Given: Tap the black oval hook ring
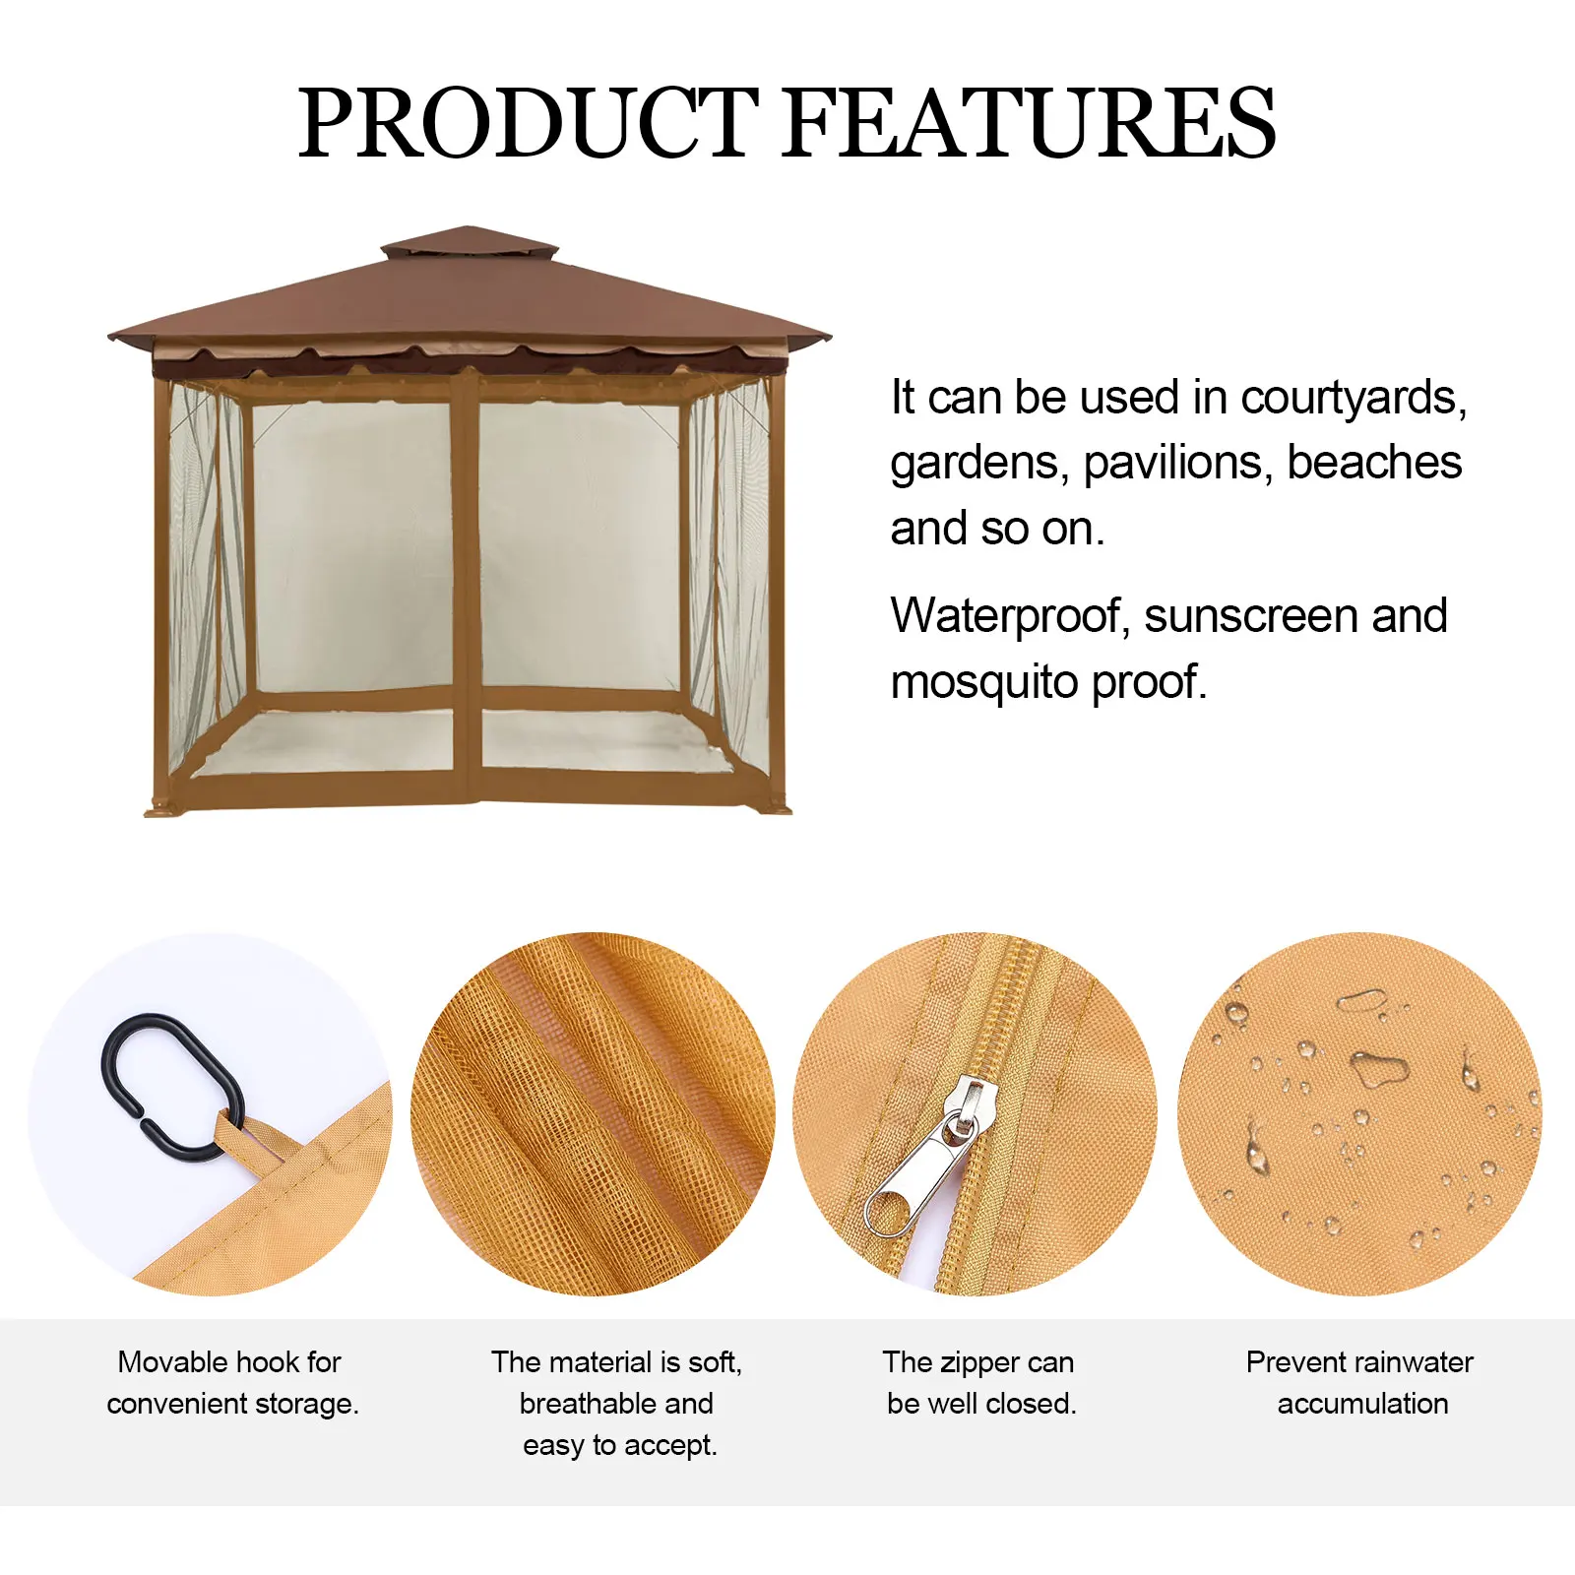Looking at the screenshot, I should tap(172, 1088).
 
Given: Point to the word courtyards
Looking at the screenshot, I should tap(1354, 399).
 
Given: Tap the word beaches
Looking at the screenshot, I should tap(1374, 463).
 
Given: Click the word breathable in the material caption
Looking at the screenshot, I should tap(575, 1404).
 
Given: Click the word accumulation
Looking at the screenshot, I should tap(1362, 1404).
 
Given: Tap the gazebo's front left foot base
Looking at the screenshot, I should tap(162, 809).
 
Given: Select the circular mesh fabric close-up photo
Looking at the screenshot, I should tap(593, 1114).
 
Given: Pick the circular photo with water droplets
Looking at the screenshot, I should tap(1359, 1114).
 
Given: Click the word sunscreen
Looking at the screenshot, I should tap(1250, 617).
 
